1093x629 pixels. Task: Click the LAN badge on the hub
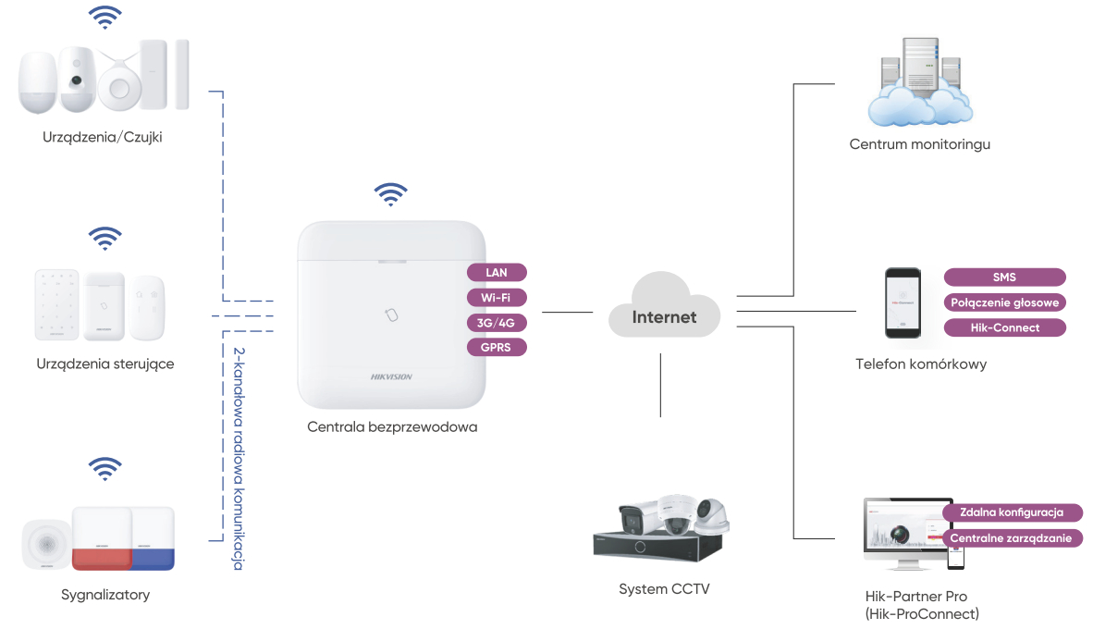(x=497, y=273)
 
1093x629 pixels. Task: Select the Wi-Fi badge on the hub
(x=497, y=298)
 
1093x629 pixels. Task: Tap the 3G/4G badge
(x=497, y=323)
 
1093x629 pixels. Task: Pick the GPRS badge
(x=497, y=348)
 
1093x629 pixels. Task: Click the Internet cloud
(x=664, y=310)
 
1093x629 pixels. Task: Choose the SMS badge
(x=1004, y=277)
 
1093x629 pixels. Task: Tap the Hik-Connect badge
(x=1004, y=327)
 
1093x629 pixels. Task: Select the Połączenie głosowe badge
(x=1004, y=302)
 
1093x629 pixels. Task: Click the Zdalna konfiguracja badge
(x=1012, y=512)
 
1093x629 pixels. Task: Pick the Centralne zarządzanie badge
(x=1012, y=537)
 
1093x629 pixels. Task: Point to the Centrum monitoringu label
(x=920, y=144)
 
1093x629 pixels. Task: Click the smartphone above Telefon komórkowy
(x=902, y=303)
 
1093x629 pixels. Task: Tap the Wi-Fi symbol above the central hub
(x=390, y=194)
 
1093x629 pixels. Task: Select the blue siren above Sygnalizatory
(x=153, y=537)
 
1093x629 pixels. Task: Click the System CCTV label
(x=664, y=588)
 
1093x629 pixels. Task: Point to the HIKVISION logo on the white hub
(x=391, y=376)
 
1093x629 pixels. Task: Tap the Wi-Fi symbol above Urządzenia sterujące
(x=104, y=239)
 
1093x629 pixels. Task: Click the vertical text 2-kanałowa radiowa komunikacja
(x=239, y=458)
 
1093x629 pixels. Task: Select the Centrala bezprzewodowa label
(x=392, y=427)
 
